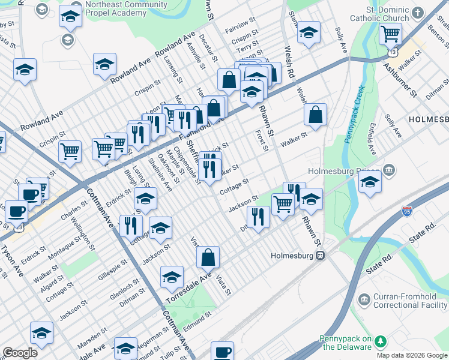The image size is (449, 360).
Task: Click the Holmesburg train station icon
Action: (321, 255)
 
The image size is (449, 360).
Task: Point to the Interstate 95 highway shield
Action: (406, 211)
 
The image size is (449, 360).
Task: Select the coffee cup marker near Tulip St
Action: (222, 351)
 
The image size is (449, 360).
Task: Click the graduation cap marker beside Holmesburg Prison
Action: (370, 181)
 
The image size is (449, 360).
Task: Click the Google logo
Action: (20, 353)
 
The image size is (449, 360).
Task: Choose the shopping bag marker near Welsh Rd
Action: (315, 115)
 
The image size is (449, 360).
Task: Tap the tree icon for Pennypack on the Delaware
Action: (380, 341)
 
